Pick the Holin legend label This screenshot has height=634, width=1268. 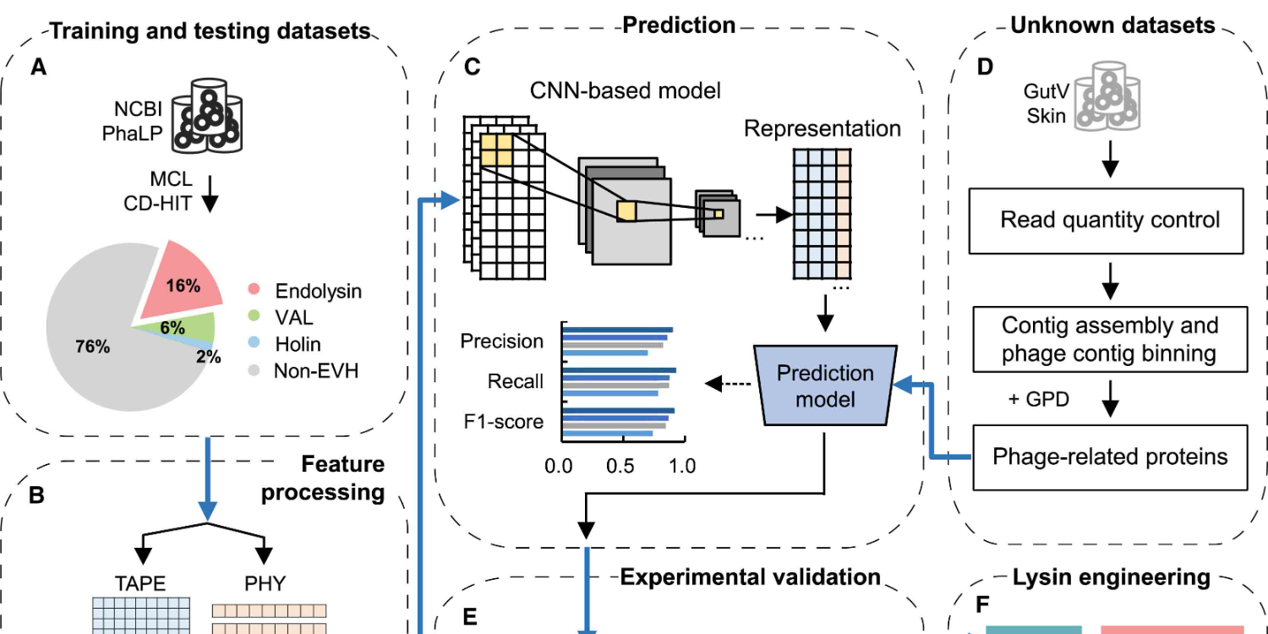point(298,344)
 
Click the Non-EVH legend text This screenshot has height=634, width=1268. point(316,370)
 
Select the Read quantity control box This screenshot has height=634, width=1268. point(1109,221)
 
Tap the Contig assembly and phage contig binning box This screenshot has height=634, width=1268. point(1109,339)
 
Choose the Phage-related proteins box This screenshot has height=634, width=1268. point(1109,457)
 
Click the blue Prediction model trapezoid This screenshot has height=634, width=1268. point(825,385)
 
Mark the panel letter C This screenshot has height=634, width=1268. point(472,66)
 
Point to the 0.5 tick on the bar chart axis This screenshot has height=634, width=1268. point(620,466)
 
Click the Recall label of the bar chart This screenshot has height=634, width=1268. point(515,382)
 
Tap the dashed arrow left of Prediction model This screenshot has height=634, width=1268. point(729,384)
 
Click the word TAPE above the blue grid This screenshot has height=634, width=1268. point(140,583)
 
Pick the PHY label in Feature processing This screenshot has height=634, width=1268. point(265,583)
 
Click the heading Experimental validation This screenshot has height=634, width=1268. point(750,577)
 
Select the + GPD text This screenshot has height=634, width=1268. point(1039,399)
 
